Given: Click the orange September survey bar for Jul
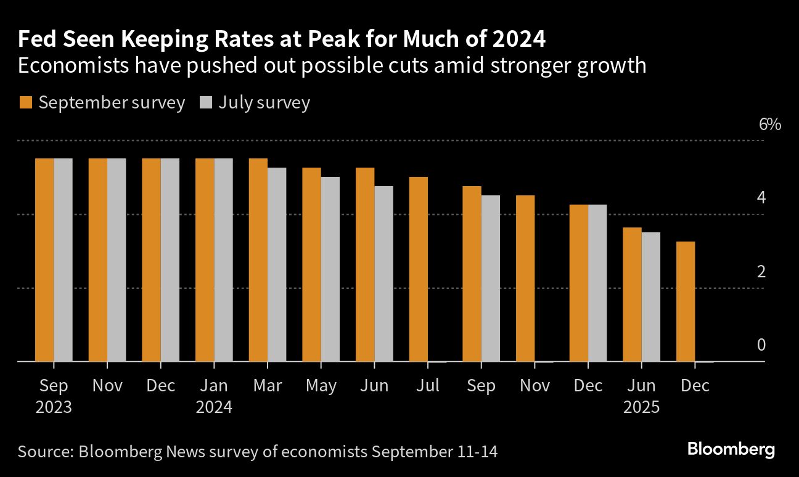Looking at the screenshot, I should point(418,269).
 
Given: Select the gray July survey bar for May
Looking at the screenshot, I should point(330,269).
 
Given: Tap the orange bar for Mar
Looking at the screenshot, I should point(258,259).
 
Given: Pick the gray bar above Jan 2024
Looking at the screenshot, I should point(223,259).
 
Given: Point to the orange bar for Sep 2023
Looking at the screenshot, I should point(44,259).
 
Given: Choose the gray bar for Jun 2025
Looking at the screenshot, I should point(650,296).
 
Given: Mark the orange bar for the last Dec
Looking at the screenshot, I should point(686,301).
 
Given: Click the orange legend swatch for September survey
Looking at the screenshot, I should point(25,102).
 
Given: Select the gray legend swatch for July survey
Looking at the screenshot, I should point(205,102).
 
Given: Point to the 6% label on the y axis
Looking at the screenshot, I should point(770,124).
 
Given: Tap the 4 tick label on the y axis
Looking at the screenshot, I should point(761,198).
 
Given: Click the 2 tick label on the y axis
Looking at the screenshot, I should point(761,271).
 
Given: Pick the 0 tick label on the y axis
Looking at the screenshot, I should point(761,344).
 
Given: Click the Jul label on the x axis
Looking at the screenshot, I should point(428,386).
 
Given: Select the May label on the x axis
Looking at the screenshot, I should point(321,386).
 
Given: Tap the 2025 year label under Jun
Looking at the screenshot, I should point(642,407).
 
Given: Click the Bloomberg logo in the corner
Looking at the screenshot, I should point(731,449).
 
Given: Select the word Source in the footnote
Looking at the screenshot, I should point(44,452).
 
